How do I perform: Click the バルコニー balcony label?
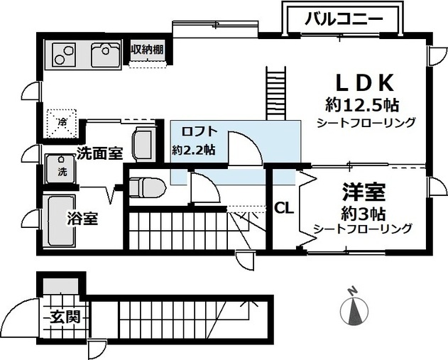click(344, 19)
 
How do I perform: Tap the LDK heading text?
click(364, 82)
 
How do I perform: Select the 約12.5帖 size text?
click(362, 106)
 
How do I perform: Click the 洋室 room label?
click(364, 192)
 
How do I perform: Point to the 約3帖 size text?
click(364, 214)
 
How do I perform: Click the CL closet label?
click(284, 208)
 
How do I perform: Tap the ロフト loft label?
click(200, 131)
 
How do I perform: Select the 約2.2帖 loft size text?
click(193, 150)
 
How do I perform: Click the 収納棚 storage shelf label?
click(148, 50)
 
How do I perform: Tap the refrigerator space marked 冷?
click(62, 123)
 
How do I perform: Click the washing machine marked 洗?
click(61, 169)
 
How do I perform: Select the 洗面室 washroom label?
click(99, 153)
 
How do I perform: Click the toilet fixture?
click(148, 187)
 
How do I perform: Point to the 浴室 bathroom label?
click(82, 219)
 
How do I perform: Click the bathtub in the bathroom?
click(60, 222)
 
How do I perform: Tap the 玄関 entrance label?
click(65, 317)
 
